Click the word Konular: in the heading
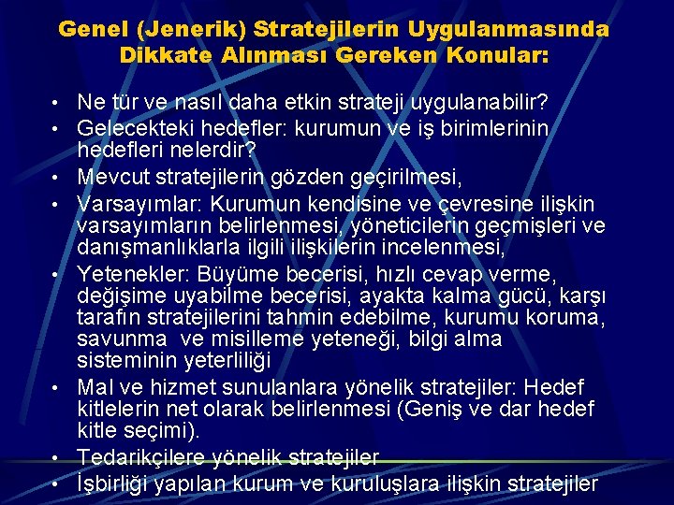pos(494,55)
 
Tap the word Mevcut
pos(110,175)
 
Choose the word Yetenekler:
pos(136,273)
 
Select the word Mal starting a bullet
pos(95,386)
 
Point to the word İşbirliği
pos(120,483)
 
